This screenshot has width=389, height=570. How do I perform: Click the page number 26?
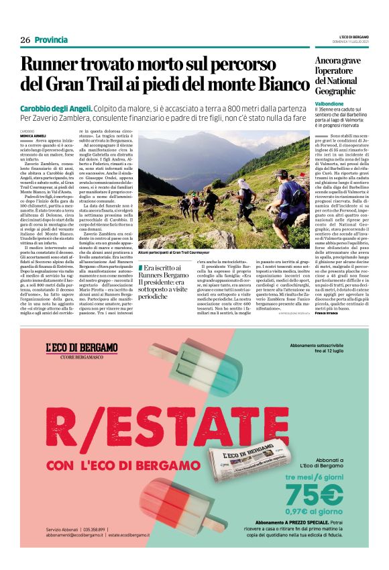pyautogui.click(x=25, y=40)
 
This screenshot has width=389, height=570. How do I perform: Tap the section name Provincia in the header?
pyautogui.click(x=51, y=40)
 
